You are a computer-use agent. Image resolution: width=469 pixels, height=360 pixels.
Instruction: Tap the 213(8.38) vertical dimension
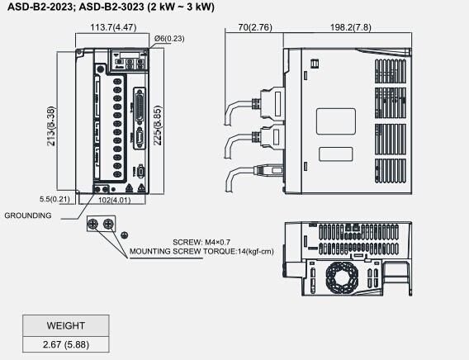click(x=51, y=126)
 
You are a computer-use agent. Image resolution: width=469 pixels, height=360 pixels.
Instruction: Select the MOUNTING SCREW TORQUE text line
click(x=201, y=251)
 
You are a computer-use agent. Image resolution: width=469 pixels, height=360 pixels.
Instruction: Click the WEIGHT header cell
click(x=65, y=324)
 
